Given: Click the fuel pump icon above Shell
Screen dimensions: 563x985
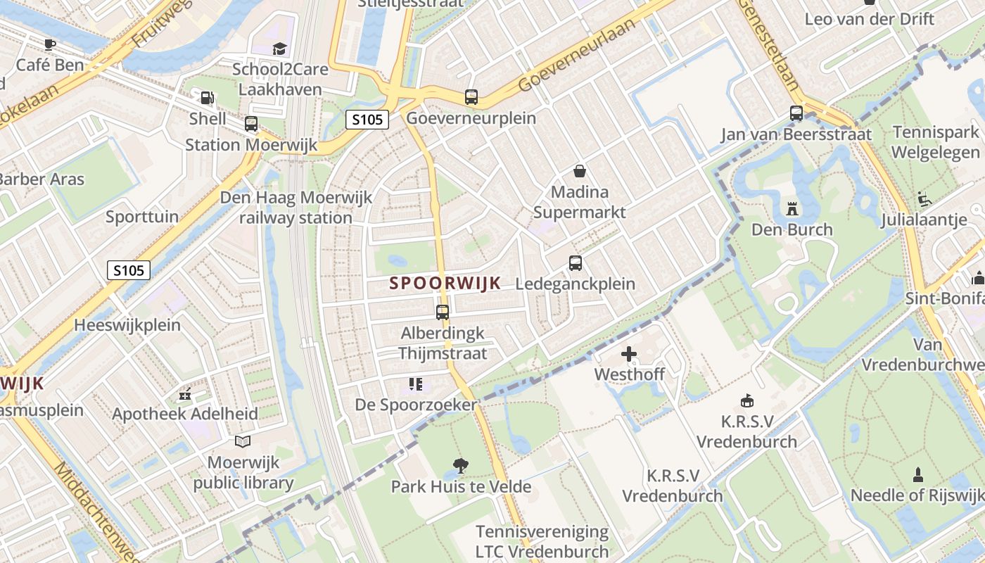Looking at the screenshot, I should click(x=207, y=98).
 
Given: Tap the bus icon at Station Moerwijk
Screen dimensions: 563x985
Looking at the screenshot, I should click(x=251, y=125).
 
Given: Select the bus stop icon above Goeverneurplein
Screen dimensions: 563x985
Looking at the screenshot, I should click(x=471, y=97).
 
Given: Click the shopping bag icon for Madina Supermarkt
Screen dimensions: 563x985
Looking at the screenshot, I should click(x=580, y=171).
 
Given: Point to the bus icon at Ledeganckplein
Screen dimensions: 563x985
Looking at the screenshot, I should click(x=576, y=263).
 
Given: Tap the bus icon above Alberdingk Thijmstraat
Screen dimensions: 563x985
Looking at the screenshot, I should click(x=443, y=312).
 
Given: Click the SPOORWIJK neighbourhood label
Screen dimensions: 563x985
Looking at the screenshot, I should click(x=445, y=283).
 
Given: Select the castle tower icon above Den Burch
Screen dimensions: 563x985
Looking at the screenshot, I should click(x=792, y=209).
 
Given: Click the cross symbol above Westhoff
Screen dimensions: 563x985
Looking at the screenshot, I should click(x=629, y=353).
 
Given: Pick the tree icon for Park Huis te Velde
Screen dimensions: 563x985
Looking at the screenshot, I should click(x=461, y=465).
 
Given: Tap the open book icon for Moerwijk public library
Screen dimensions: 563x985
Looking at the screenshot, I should click(x=243, y=441).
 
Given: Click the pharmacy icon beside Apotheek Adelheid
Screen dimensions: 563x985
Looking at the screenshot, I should click(x=185, y=395).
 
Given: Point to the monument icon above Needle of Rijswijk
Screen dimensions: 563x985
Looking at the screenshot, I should click(x=917, y=475).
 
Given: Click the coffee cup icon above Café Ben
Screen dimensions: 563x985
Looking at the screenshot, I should click(x=49, y=45).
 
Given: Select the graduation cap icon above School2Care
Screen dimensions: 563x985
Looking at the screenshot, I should click(x=280, y=49).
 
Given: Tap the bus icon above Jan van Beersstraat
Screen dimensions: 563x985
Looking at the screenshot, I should click(x=796, y=113).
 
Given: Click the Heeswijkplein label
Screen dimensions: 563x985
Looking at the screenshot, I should click(x=127, y=325).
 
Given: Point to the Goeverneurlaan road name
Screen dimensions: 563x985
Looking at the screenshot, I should click(x=574, y=53).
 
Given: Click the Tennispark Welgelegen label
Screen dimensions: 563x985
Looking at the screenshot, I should click(x=936, y=142).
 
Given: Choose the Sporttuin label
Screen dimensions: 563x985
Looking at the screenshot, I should click(x=142, y=217).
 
